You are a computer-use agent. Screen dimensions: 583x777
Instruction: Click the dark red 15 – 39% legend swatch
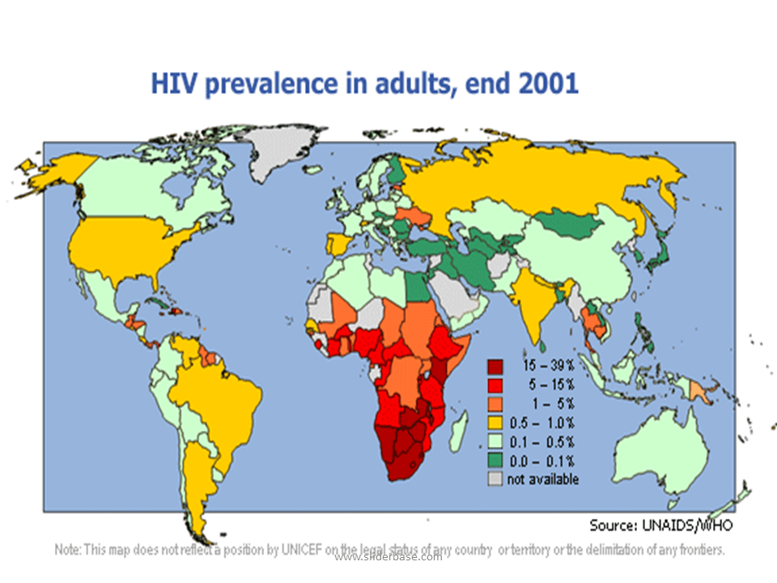[x=495, y=365]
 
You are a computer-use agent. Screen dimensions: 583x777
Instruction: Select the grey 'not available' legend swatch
[x=495, y=479]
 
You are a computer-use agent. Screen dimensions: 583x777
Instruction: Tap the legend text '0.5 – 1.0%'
[x=541, y=423]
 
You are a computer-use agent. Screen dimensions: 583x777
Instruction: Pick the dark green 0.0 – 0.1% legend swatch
[x=495, y=460]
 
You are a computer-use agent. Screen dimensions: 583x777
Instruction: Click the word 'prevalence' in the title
[x=270, y=84]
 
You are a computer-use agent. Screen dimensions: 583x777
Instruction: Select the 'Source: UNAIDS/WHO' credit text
[x=660, y=525]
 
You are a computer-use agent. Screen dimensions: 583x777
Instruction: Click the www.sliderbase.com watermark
[x=388, y=556]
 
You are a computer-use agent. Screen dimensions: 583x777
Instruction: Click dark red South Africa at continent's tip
[x=405, y=462]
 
